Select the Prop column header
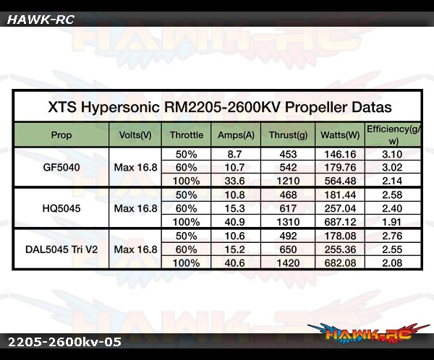[x=61, y=135]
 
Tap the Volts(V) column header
[x=135, y=134]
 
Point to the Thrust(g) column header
[x=288, y=134]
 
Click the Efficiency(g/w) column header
[x=393, y=134]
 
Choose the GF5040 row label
[x=61, y=168]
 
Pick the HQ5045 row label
[x=61, y=208]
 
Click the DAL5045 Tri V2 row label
[x=61, y=249]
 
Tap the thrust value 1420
[x=288, y=263]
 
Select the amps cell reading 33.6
[x=234, y=181]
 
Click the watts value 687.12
[x=340, y=222]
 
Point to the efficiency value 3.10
[x=392, y=154]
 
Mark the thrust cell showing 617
[x=288, y=208]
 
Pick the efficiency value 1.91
[x=392, y=222]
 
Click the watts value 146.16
[x=340, y=154]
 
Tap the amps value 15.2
[x=234, y=249]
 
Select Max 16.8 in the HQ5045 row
[x=136, y=208]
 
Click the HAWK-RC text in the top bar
[x=41, y=20]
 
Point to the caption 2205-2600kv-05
[x=64, y=342]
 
